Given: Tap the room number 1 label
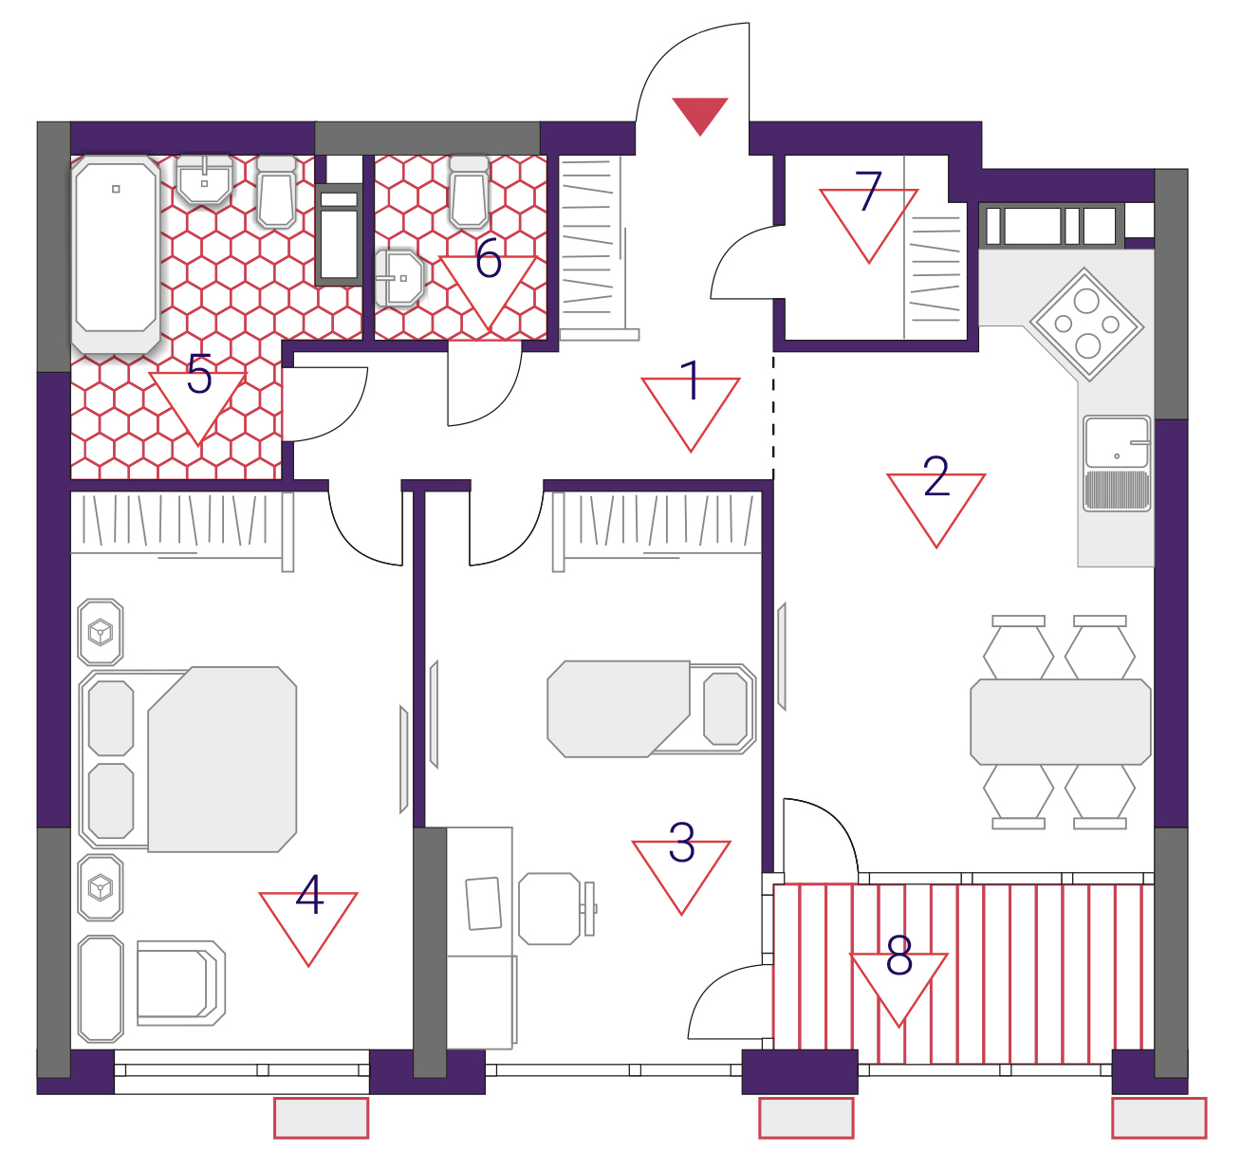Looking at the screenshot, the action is (691, 380).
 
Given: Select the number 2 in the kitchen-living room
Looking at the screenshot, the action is (936, 476).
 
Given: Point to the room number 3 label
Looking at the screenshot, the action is (682, 843).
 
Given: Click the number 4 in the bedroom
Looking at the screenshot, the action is (309, 895).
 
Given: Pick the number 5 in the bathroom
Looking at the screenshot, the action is (199, 374).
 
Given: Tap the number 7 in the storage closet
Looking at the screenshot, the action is (868, 191).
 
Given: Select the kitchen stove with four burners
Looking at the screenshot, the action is (1086, 325).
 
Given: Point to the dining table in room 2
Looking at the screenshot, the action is (1061, 722).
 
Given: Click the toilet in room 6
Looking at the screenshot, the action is (469, 192).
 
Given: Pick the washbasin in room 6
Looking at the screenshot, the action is (399, 278).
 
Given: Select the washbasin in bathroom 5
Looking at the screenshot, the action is (204, 179).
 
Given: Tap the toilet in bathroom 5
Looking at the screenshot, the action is (276, 192).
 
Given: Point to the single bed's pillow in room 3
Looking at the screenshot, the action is (725, 709).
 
